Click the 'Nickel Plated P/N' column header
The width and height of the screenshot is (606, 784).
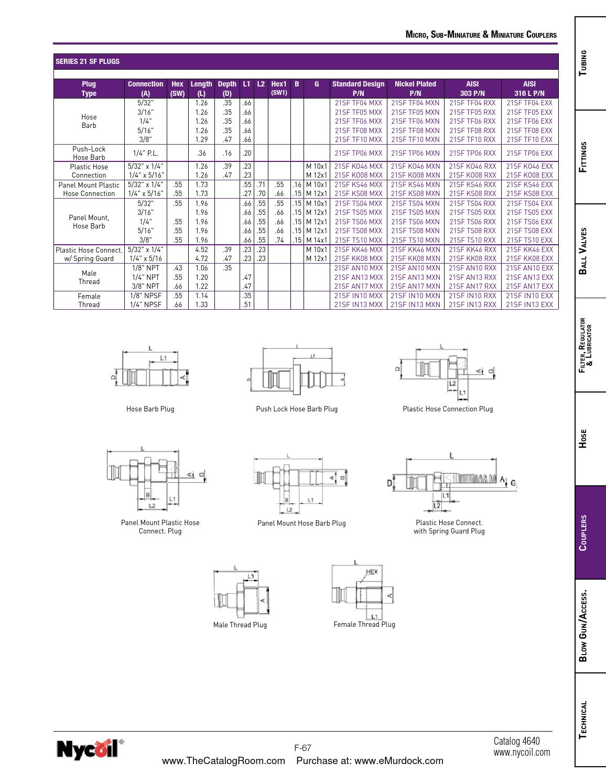tap(415, 89)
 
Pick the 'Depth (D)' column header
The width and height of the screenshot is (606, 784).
tap(227, 89)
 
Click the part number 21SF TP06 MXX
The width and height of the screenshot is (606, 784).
tap(358, 153)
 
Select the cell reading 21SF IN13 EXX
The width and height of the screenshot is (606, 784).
tap(529, 304)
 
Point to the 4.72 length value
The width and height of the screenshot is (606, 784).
tap(201, 258)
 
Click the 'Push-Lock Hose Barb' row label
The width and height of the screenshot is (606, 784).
tap(89, 153)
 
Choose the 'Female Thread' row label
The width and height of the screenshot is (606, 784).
tap(89, 300)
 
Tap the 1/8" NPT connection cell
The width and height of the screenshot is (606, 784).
tap(145, 268)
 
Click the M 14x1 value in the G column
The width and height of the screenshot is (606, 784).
tap(317, 240)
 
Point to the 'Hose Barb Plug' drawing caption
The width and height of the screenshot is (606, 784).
tap(150, 409)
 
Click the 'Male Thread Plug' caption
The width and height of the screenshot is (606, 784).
tap(240, 625)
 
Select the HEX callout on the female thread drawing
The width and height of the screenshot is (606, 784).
tap(371, 572)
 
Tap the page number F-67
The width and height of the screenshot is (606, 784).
tap(302, 748)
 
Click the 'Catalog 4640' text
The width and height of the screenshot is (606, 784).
tap(516, 741)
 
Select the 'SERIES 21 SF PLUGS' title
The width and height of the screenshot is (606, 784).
tap(88, 61)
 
